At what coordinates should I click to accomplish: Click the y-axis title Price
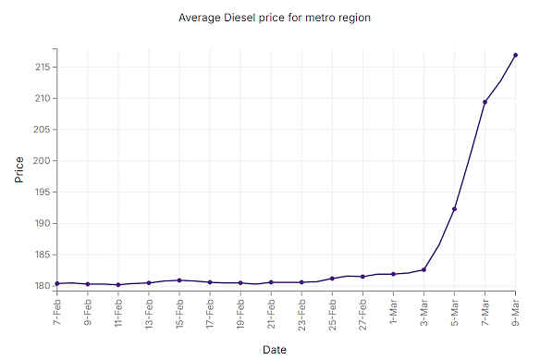coord(19,168)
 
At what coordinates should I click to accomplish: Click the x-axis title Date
coord(274,350)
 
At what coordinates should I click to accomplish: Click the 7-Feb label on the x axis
coord(57,309)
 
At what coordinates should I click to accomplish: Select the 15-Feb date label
coord(179,311)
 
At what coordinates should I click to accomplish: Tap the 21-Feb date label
coord(271,311)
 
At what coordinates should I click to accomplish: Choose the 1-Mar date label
coord(393,309)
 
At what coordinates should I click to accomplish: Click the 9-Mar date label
coord(515,309)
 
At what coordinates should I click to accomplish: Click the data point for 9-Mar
coord(515,56)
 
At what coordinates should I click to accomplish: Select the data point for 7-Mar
coord(485,102)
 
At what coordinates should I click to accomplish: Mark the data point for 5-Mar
coord(454,209)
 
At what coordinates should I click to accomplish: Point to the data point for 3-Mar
coord(423,269)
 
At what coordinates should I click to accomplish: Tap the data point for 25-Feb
coord(332,279)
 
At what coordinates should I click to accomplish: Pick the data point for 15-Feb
coord(179,280)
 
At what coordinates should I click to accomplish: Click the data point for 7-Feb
coord(57,283)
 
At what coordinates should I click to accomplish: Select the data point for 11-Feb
coord(118,285)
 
